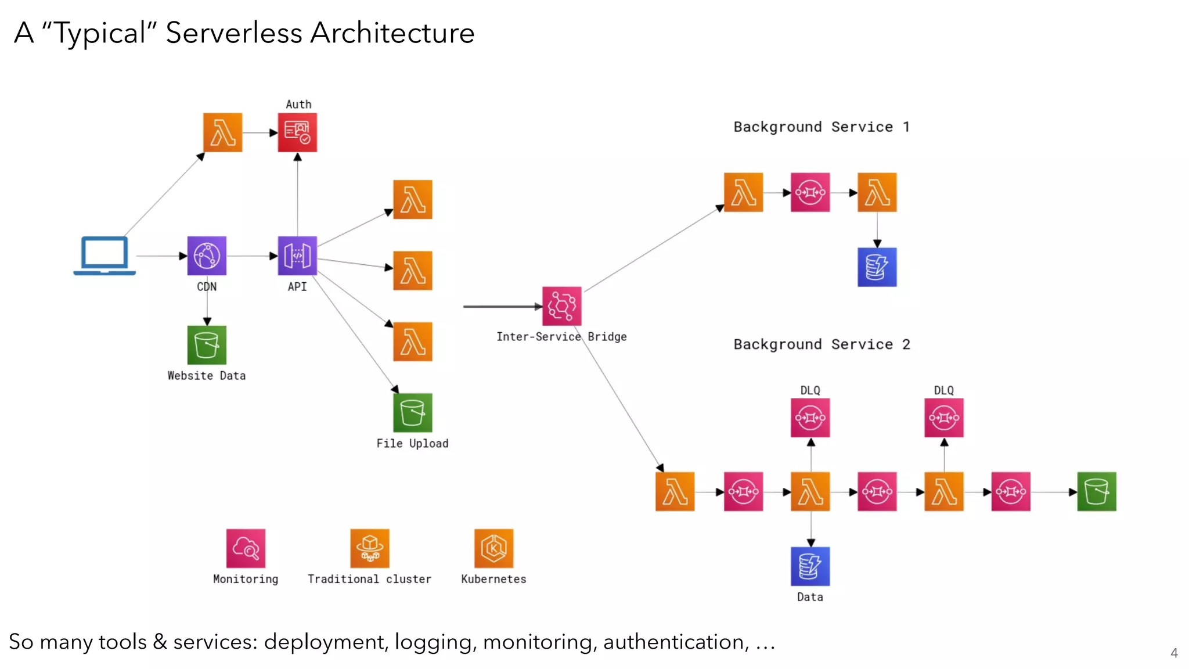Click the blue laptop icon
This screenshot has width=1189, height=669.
click(105, 256)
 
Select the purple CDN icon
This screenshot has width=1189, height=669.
click(207, 256)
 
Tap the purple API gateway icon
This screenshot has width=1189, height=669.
click(297, 256)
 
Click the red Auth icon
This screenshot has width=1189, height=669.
click(297, 132)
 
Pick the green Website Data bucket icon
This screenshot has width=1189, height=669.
click(207, 345)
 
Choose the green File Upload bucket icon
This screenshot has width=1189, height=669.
click(412, 413)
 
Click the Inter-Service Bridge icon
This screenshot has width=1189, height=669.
click(561, 306)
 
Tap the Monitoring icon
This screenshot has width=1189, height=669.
click(246, 548)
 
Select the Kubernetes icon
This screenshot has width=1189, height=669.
click(493, 548)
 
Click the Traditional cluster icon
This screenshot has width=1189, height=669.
click(370, 548)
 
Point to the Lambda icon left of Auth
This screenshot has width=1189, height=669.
click(222, 132)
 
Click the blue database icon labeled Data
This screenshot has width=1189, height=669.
click(810, 566)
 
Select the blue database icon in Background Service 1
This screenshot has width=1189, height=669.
click(877, 267)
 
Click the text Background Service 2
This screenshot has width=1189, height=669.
click(822, 344)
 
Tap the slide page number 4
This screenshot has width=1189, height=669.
click(1174, 653)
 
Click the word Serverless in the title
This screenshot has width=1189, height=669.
click(233, 33)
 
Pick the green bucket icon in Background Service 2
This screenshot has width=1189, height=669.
click(1096, 492)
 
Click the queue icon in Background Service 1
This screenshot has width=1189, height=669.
click(810, 192)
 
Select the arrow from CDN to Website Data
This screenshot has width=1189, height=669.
click(207, 305)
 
